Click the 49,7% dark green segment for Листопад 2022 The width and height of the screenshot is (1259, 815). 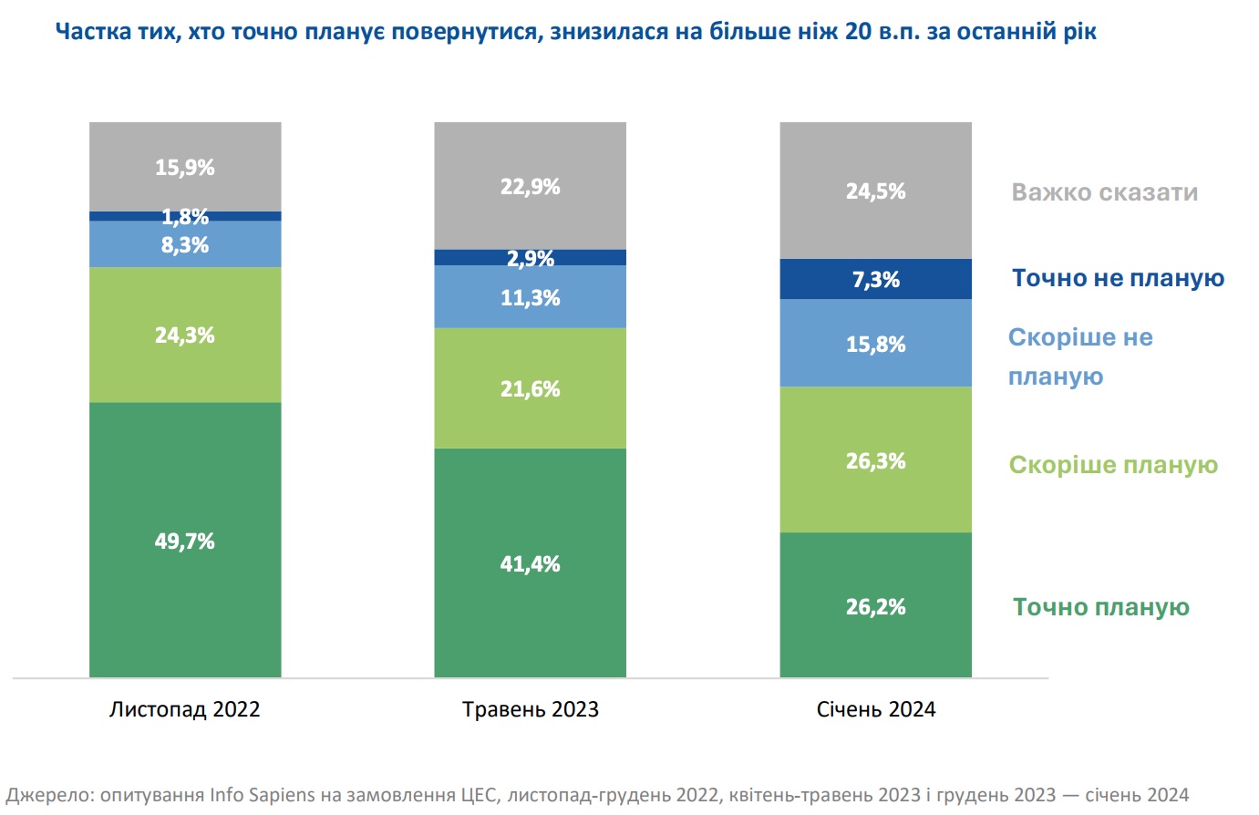click(x=185, y=540)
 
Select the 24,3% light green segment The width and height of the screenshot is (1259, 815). click(x=185, y=335)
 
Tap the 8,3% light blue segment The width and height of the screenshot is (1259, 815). click(x=185, y=244)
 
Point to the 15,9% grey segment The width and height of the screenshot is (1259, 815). click(x=185, y=167)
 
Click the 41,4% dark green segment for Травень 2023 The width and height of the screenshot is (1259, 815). click(x=530, y=563)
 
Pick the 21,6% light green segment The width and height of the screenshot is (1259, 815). click(x=530, y=388)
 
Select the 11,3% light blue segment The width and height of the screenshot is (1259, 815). click(x=530, y=297)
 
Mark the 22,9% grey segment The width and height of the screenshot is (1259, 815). click(x=530, y=186)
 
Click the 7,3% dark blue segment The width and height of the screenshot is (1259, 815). click(x=875, y=279)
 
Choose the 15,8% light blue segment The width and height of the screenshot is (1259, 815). click(x=875, y=344)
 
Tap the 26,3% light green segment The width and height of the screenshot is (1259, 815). click(x=875, y=460)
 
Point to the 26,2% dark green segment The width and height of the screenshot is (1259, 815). click(x=875, y=606)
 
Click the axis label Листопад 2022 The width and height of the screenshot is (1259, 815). click(x=185, y=709)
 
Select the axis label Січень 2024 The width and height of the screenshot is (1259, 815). click(x=875, y=709)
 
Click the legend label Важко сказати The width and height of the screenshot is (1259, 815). click(x=1104, y=192)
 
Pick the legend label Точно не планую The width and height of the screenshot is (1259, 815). click(x=1118, y=278)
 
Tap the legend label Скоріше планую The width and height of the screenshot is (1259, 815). click(x=1113, y=465)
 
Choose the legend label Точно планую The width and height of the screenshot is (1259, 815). click(x=1100, y=607)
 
